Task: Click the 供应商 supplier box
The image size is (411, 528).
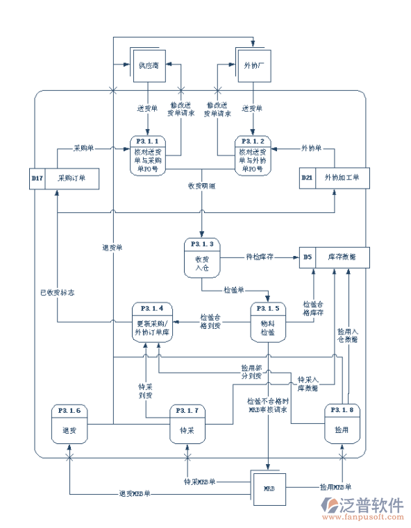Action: [x=147, y=65]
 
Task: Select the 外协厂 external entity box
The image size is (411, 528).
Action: [x=253, y=65]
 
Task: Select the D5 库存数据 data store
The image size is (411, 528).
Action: [x=335, y=257]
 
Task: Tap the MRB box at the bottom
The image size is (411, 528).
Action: [x=269, y=488]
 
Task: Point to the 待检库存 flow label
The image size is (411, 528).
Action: [x=260, y=257]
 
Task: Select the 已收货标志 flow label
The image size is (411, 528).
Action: [x=57, y=292]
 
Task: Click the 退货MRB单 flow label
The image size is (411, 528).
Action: [x=134, y=494]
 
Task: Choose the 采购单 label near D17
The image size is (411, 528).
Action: [x=84, y=148]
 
